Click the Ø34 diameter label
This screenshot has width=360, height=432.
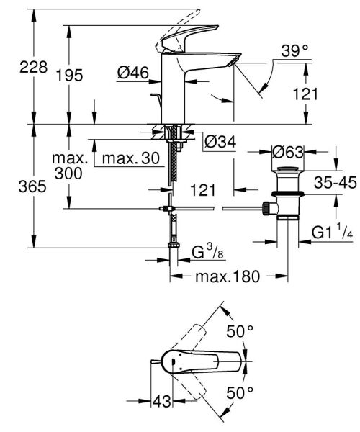[220, 143]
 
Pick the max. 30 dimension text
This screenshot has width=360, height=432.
[130, 158]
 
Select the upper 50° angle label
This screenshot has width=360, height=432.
[239, 331]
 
